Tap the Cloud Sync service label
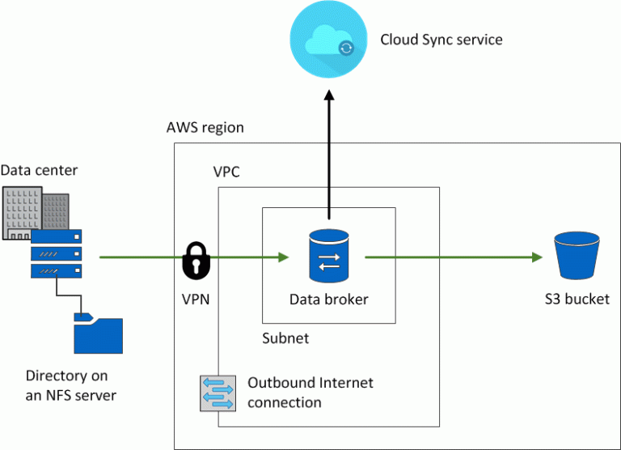(x=441, y=40)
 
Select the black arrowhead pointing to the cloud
(x=328, y=96)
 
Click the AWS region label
(x=205, y=128)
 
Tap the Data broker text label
(x=328, y=299)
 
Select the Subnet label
(x=285, y=338)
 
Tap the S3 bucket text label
(x=577, y=299)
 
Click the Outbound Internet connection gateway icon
(x=218, y=393)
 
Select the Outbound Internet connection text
(x=310, y=393)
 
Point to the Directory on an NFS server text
(x=71, y=385)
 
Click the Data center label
(x=40, y=170)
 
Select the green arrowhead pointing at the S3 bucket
(x=536, y=257)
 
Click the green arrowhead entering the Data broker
(x=283, y=257)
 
